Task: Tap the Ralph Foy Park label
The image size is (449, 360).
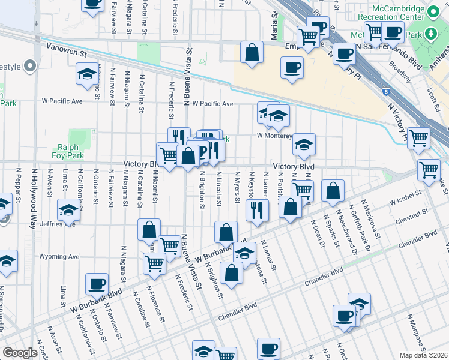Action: point(71,151)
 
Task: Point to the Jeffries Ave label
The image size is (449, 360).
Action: point(62,224)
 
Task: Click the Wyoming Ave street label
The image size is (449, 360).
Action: point(59,256)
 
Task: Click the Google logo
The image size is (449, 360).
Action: point(20,353)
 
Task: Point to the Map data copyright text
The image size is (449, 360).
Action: point(424,355)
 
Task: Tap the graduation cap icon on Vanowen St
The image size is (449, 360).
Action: point(87,74)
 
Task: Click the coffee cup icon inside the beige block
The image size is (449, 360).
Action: point(292,68)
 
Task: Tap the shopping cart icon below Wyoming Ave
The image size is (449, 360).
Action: point(155,262)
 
